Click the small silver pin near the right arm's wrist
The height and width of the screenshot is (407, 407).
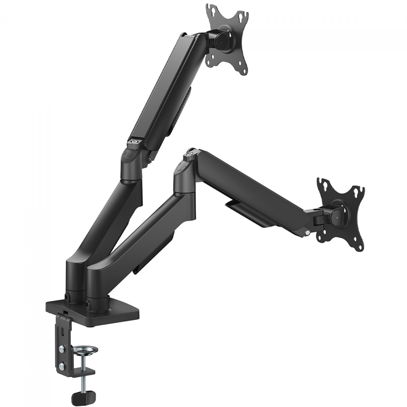[307, 233]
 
